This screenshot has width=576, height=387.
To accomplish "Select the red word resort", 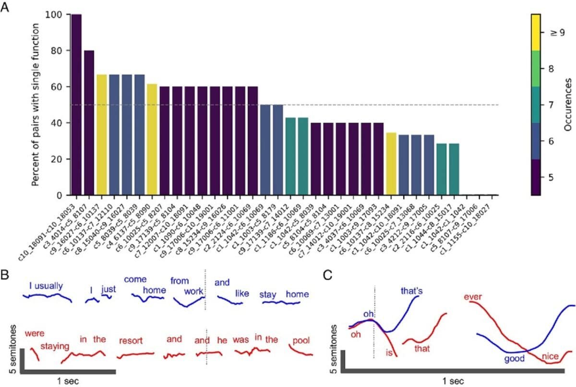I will [x=131, y=340].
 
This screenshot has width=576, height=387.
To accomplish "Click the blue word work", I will [x=193, y=291].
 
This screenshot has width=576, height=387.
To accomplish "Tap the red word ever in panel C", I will [x=473, y=296].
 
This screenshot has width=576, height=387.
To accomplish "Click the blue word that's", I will [x=411, y=290].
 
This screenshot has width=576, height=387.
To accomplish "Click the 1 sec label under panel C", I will [x=453, y=381].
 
